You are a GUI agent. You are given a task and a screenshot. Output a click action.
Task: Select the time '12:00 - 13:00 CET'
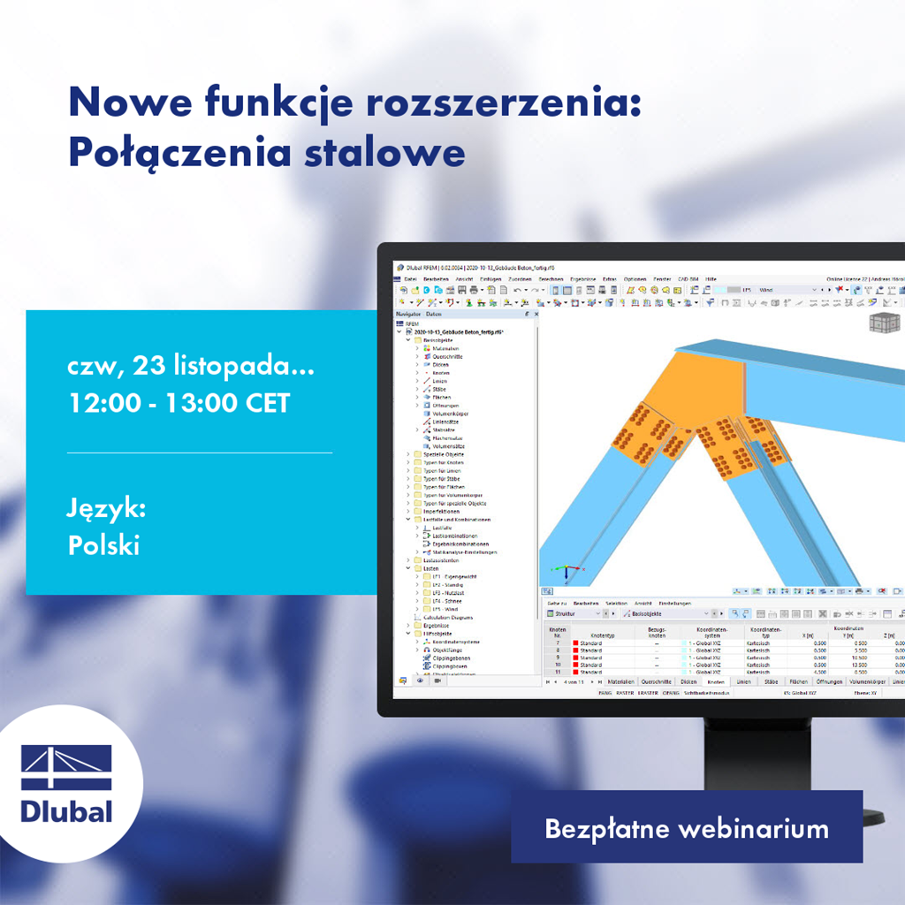pyautogui.click(x=179, y=403)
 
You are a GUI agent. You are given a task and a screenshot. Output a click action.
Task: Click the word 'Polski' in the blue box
pyautogui.click(x=103, y=544)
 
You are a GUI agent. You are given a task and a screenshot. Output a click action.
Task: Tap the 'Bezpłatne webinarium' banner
pyautogui.click(x=686, y=829)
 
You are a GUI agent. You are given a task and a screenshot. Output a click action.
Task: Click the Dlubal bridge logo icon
pyautogui.click(x=66, y=767)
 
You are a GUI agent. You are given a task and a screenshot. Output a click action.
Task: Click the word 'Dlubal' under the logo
pyautogui.click(x=66, y=811)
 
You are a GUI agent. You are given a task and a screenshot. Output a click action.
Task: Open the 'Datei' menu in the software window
pyautogui.click(x=410, y=278)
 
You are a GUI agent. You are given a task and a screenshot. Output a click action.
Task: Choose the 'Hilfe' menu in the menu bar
pyautogui.click(x=711, y=278)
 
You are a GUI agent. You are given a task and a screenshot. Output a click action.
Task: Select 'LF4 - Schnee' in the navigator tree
pyautogui.click(x=448, y=600)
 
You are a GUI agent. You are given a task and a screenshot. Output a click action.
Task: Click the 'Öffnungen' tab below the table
pyautogui.click(x=828, y=681)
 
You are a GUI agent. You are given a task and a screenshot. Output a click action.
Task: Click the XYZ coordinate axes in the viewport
pyautogui.click(x=566, y=571)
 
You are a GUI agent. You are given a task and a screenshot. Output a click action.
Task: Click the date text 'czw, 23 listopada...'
pyautogui.click(x=191, y=366)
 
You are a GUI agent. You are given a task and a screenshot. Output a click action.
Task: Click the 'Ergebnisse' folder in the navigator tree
pyautogui.click(x=437, y=625)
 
